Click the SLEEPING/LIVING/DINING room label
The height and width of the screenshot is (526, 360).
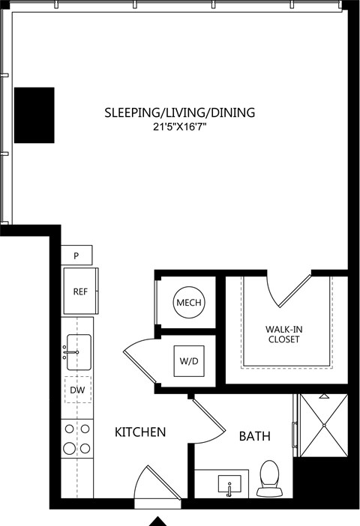click(x=180, y=112)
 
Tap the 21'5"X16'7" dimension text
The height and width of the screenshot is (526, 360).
click(x=180, y=127)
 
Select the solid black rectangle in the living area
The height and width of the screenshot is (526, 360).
click(x=34, y=115)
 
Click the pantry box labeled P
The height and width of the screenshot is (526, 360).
click(x=76, y=256)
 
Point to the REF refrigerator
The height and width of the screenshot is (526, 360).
click(x=80, y=291)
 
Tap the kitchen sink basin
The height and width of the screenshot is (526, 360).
click(x=79, y=352)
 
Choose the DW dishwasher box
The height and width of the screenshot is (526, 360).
click(x=78, y=390)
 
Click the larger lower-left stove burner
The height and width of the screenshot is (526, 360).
click(x=70, y=448)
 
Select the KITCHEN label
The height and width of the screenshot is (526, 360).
click(x=140, y=432)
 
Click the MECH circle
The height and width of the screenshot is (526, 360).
click(x=189, y=302)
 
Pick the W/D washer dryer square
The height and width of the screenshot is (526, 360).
click(x=189, y=361)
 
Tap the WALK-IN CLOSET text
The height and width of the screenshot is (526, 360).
click(x=283, y=334)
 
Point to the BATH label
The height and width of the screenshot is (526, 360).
click(x=254, y=436)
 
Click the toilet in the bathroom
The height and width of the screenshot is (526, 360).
click(x=269, y=478)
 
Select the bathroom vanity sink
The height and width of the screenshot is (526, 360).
click(x=229, y=484)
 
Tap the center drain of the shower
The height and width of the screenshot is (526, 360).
click(x=324, y=426)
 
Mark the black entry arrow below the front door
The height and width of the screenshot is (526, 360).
click(x=157, y=522)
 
